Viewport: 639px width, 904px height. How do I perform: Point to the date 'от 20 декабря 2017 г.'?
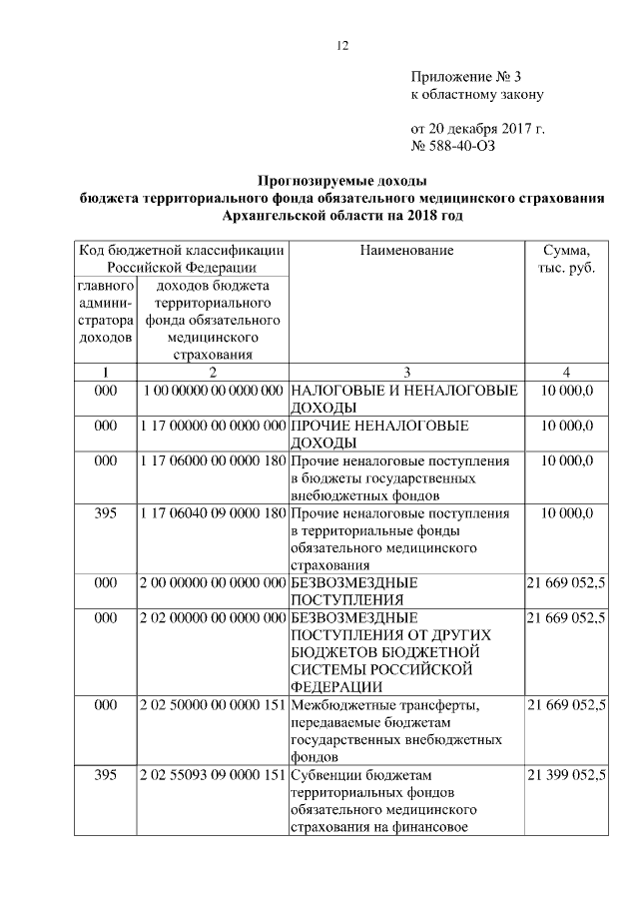(478, 129)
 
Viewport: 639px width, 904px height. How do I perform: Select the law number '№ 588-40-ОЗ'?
(453, 146)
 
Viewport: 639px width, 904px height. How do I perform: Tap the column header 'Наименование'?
(406, 250)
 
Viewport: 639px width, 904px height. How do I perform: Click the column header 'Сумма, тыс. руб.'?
(566, 259)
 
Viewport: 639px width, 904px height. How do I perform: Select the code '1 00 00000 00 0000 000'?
(212, 391)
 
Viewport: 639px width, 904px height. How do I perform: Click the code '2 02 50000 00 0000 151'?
(212, 706)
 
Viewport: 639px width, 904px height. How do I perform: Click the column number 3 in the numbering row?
(406, 373)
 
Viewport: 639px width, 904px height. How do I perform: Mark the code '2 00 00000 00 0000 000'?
(212, 582)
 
